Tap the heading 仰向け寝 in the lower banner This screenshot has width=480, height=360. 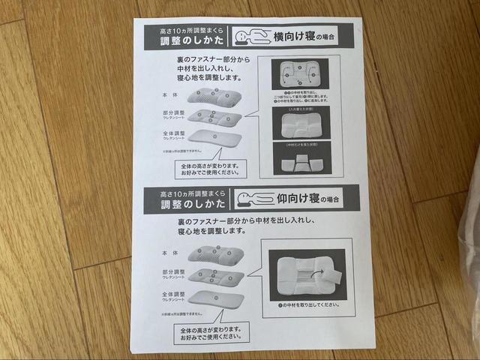[x=293, y=199]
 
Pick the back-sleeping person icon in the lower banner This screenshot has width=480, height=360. [x=255, y=199]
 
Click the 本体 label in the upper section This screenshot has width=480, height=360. [x=170, y=95]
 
